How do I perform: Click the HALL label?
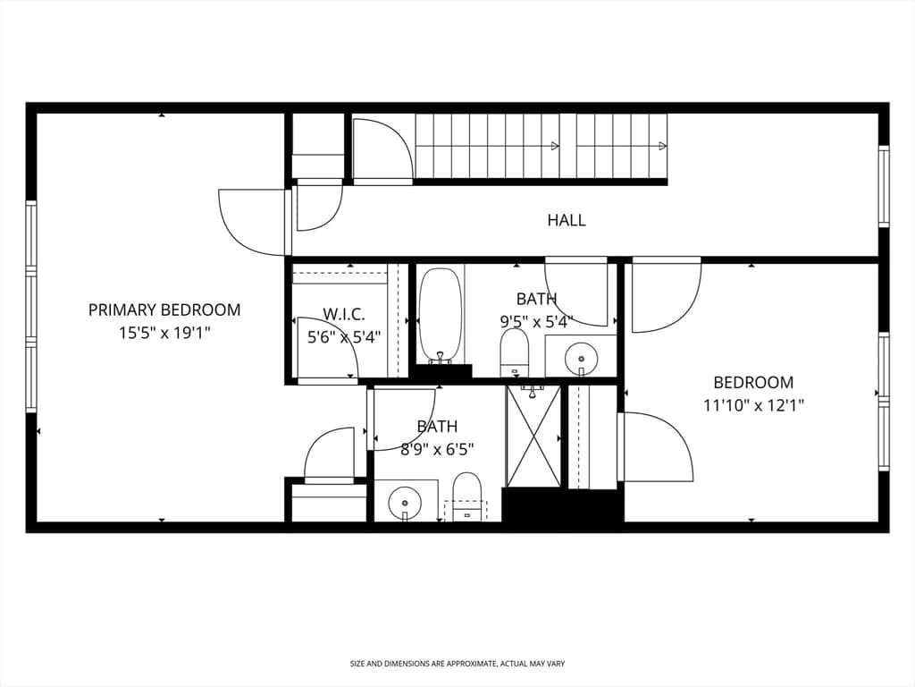click(x=566, y=220)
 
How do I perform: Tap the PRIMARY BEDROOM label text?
click(x=164, y=310)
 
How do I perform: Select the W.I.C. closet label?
click(x=344, y=314)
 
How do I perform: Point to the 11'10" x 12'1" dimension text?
click(x=753, y=405)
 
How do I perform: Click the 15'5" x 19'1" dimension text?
click(x=164, y=334)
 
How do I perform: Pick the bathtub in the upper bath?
click(x=441, y=316)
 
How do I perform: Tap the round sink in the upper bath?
click(x=581, y=357)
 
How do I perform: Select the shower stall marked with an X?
click(x=533, y=436)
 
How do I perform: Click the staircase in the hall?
click(x=541, y=146)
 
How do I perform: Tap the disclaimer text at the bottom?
click(x=457, y=664)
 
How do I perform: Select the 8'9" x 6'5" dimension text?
click(x=437, y=450)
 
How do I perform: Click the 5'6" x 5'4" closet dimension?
click(x=344, y=337)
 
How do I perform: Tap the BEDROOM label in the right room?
click(x=753, y=383)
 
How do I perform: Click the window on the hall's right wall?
click(x=884, y=186)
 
